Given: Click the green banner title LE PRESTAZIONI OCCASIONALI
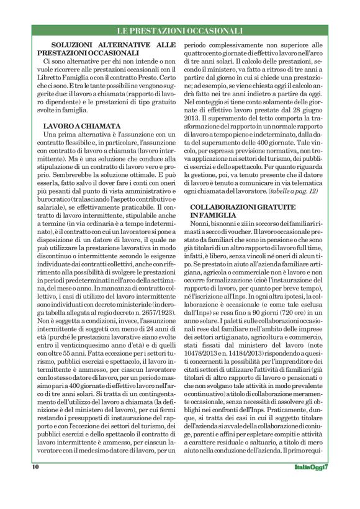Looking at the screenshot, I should pos(180,30).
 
